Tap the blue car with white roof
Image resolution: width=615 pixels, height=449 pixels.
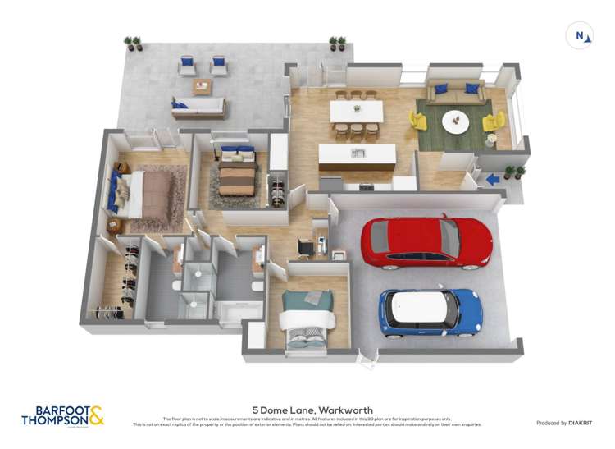[430, 311]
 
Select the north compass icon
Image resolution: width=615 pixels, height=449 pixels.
[581, 35]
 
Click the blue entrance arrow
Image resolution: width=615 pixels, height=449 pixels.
[492, 178]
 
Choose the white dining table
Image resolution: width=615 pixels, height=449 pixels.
[357, 111]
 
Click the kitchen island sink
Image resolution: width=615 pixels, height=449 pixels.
[358, 153]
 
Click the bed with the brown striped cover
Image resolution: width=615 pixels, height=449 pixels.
[238, 173]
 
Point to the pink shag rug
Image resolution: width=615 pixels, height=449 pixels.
[161, 197]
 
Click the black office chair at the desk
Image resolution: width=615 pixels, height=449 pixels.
[304, 245]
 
